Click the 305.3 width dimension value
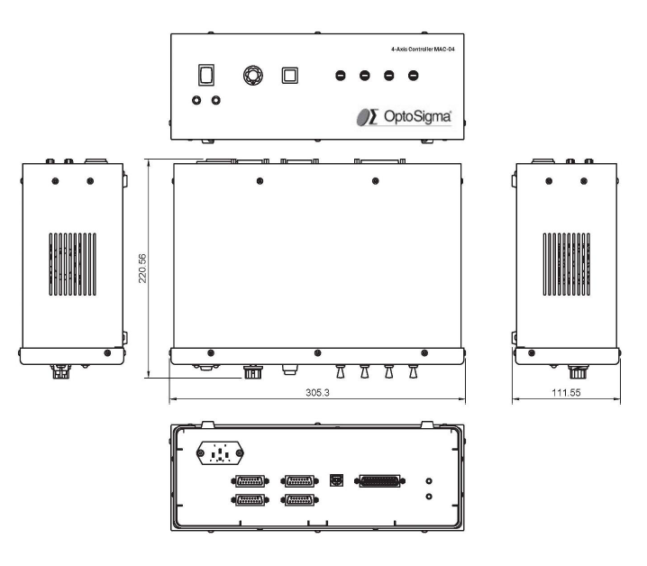tap(317, 392)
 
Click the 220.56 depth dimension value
tap(142, 269)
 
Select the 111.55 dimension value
tap(566, 392)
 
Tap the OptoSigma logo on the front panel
tap(404, 117)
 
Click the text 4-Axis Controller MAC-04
tap(423, 50)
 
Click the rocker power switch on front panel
tap(206, 75)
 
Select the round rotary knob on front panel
tap(252, 76)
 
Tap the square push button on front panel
tap(289, 76)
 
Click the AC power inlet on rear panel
tap(220, 452)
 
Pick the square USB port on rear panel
tap(336, 480)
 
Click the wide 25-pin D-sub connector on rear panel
tap(380, 481)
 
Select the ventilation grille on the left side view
tap(73, 264)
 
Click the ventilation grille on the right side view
tap(566, 264)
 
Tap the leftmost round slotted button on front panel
tap(341, 76)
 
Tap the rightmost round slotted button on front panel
tap(413, 76)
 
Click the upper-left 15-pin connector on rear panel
tap(250, 481)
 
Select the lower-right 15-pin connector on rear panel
tap(299, 500)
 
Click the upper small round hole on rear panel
tap(429, 481)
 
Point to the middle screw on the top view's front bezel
tap(317, 353)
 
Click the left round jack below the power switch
tap(196, 100)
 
